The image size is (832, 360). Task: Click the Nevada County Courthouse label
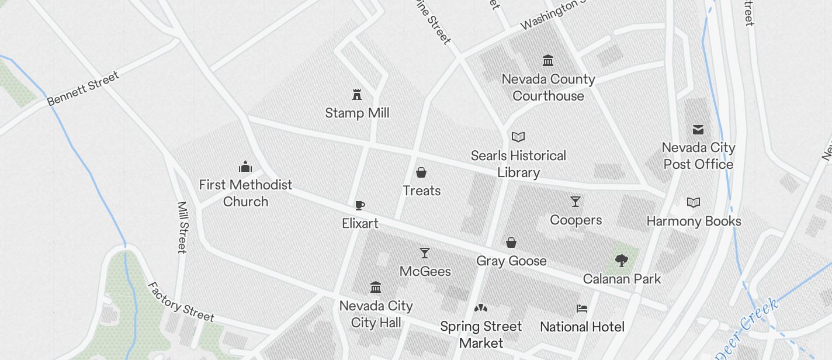548,88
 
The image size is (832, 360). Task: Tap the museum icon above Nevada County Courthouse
548,61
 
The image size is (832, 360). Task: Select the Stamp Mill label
357,113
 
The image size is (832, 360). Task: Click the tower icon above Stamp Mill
356,94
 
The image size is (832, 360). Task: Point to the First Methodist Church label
245,193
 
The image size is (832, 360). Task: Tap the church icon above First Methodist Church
245,167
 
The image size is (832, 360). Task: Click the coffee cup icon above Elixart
360,205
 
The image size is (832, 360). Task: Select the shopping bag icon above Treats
421,172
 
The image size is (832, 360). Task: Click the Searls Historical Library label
518,164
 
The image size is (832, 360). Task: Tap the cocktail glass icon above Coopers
576,202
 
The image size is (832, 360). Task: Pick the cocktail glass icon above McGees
425,253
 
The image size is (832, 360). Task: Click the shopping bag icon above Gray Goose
511,243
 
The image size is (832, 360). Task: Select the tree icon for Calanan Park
622,261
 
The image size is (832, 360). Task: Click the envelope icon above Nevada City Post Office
698,130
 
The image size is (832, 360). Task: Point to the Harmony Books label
694,221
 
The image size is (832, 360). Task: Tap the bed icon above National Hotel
582,309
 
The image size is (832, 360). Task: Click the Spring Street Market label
481,334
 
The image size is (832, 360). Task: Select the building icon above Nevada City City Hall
376,288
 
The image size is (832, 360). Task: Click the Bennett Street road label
83,88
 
